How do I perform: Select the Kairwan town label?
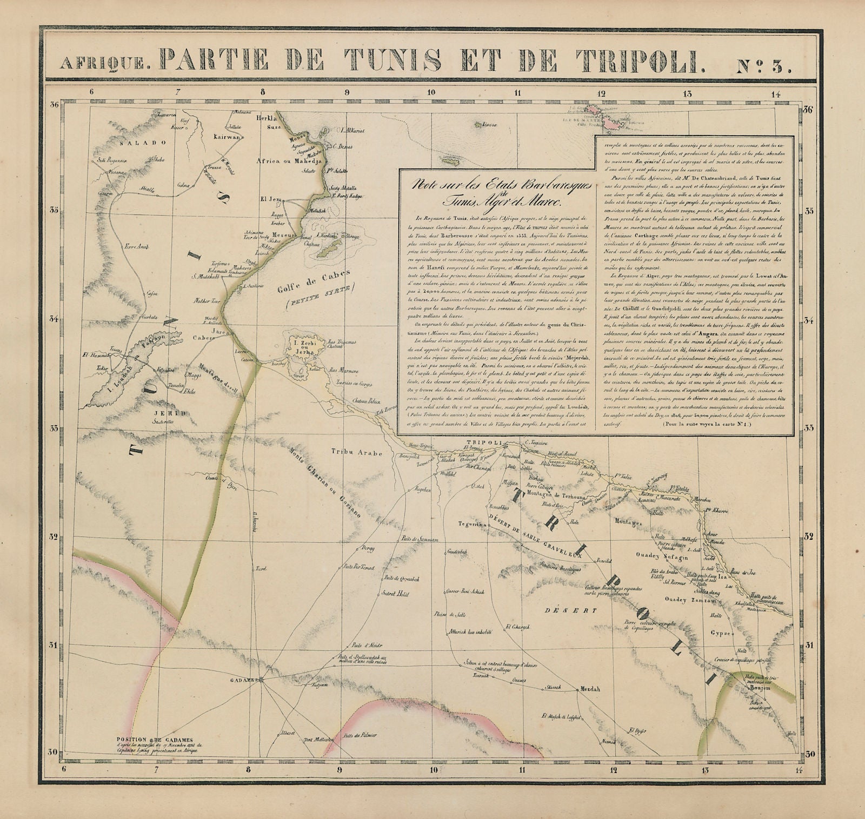(226, 137)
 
